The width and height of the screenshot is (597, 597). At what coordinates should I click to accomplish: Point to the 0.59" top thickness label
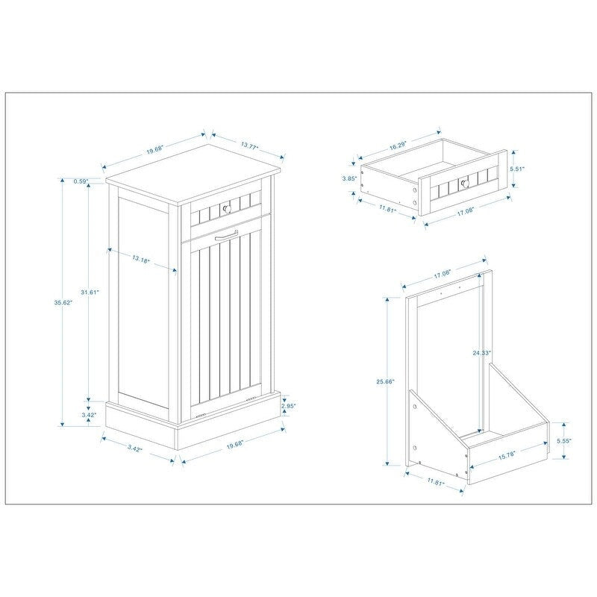point(81,181)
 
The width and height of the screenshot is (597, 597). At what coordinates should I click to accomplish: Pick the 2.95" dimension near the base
point(289,406)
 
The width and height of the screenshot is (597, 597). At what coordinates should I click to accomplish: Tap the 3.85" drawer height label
point(347,178)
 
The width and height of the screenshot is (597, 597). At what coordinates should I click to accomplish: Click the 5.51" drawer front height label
point(517,169)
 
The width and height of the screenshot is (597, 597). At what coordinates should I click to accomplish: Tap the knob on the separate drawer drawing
point(463,181)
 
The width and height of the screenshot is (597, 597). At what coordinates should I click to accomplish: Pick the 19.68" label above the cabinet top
point(155,150)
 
